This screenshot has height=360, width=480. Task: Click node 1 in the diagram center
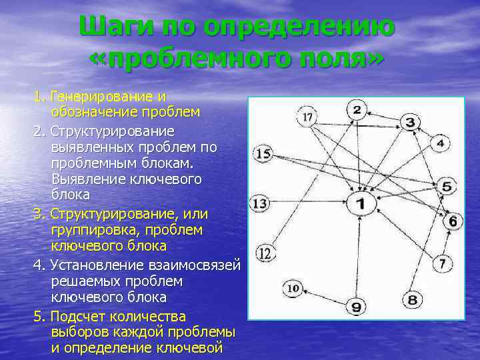(x=360, y=204)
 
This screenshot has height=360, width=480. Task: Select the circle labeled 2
(x=357, y=109)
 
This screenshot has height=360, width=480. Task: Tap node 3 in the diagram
(x=410, y=122)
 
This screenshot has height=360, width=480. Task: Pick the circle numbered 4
(x=441, y=143)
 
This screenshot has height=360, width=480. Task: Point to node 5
(x=446, y=186)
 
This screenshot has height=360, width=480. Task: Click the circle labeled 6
(x=452, y=220)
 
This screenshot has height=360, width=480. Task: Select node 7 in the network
(x=442, y=263)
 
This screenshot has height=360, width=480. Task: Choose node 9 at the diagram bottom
(x=356, y=306)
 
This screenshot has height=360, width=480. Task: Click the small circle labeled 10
(x=293, y=289)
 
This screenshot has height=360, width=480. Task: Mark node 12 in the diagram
(x=265, y=253)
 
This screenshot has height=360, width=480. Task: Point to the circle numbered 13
(x=259, y=203)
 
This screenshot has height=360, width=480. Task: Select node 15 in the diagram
(x=263, y=154)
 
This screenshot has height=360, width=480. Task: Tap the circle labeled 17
(x=307, y=117)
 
